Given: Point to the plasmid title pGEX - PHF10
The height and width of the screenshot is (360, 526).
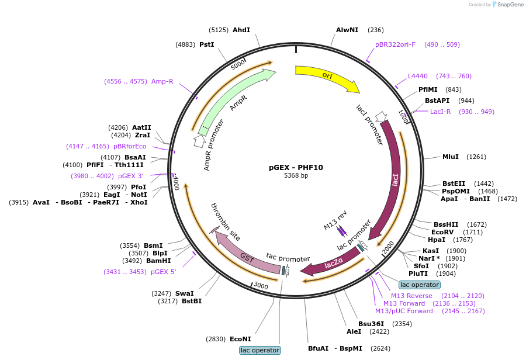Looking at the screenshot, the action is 296,167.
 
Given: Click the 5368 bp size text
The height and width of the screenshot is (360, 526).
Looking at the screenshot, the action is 296,175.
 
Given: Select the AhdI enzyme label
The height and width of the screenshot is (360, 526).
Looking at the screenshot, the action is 241,30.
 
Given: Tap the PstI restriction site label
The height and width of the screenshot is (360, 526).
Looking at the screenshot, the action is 207,44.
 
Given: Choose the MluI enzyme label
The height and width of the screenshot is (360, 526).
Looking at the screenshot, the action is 451,157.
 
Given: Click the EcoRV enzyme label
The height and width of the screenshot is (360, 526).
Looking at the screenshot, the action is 442,232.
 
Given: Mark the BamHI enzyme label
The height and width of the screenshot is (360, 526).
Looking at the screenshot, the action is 158,261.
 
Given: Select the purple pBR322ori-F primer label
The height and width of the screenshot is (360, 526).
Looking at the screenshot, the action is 395,44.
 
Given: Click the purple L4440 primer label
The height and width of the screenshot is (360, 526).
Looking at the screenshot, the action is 418,76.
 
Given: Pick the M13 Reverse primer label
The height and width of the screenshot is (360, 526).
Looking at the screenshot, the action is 411,296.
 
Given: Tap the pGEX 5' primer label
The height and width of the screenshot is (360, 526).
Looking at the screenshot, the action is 164,272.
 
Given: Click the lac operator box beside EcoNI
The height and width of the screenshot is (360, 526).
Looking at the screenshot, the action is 260,350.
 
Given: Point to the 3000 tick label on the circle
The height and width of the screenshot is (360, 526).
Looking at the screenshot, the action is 261,286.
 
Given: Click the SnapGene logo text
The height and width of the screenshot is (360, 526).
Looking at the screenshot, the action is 510,4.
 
